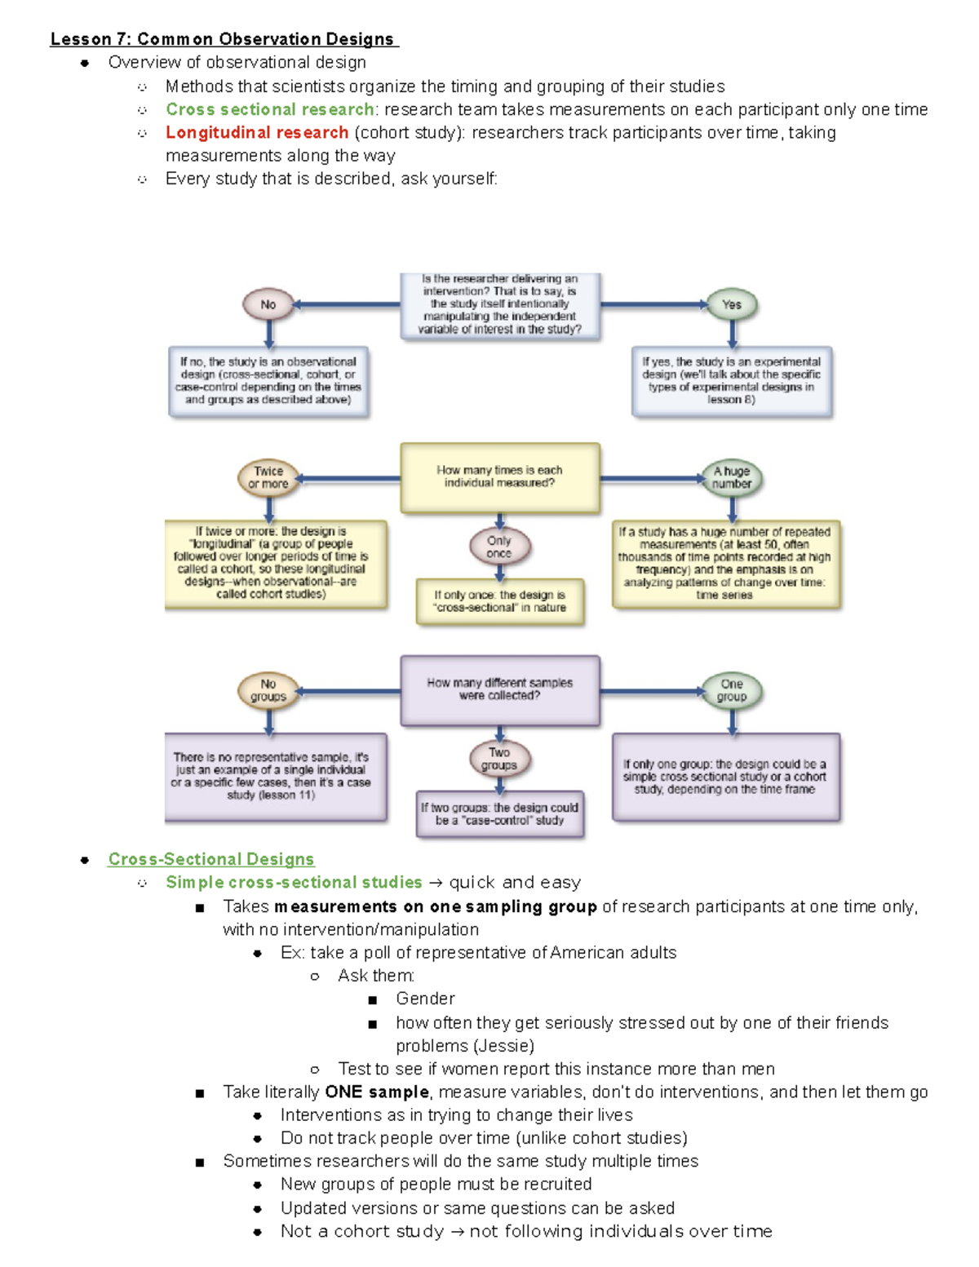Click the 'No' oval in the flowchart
point(268,304)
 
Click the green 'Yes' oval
point(731,304)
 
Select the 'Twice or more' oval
point(268,477)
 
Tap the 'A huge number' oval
point(731,477)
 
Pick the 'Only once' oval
point(499,547)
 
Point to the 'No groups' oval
point(268,690)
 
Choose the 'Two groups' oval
point(499,759)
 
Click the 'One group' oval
point(731,690)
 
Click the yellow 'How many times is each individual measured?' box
point(499,477)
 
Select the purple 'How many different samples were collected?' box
point(499,690)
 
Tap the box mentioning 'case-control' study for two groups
point(499,814)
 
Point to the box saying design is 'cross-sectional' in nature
point(499,602)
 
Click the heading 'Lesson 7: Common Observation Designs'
point(223,39)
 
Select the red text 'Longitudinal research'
point(257,132)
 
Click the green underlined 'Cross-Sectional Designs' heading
point(210,859)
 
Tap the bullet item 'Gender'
point(425,999)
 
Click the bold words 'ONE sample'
point(376,1092)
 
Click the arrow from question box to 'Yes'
point(653,304)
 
